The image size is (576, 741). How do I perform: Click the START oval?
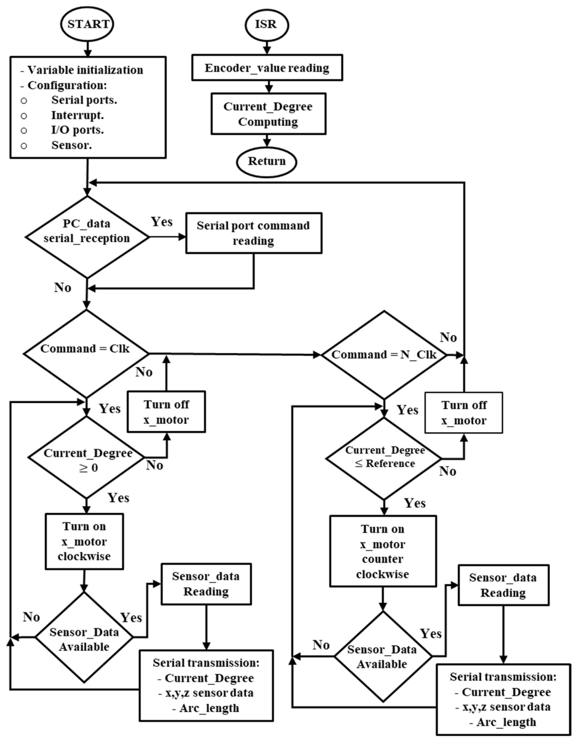(x=88, y=25)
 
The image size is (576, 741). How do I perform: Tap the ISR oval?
(x=267, y=25)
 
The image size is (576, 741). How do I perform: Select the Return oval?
(x=267, y=162)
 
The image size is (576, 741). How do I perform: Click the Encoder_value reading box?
(x=267, y=68)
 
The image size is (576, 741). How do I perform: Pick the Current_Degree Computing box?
(x=268, y=114)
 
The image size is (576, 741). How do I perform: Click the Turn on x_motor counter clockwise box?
(x=383, y=551)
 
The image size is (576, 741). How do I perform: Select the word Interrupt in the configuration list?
(x=77, y=115)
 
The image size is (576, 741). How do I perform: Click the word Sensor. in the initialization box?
(x=72, y=145)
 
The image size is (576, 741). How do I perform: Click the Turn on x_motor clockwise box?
(x=84, y=541)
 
